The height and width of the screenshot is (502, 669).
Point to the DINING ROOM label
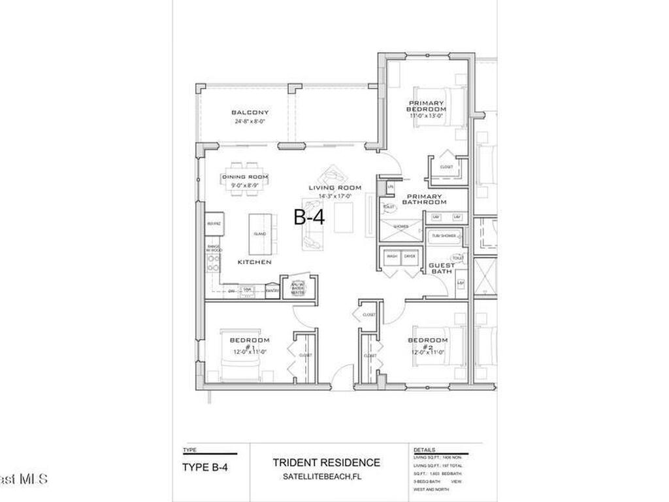coord(245,177)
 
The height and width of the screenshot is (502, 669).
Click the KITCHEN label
coord(254,261)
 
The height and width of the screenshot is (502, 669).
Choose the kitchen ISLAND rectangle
coord(258,234)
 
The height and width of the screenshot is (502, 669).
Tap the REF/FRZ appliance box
coord(214,224)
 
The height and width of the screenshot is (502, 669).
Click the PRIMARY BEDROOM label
coord(426,106)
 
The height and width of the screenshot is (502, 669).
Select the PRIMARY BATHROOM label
coord(425,199)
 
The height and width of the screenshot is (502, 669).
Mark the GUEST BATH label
coord(442,268)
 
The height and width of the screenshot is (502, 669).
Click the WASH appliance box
coord(392,256)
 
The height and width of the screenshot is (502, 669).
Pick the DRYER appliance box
coord(410,256)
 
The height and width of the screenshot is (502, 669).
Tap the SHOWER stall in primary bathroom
coord(401,227)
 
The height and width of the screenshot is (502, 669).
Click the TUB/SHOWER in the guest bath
coord(444,236)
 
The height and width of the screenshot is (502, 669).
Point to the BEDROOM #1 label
coord(249,343)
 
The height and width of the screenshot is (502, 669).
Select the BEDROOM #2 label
coord(428,343)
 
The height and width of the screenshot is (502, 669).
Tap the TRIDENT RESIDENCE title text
coord(326,463)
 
